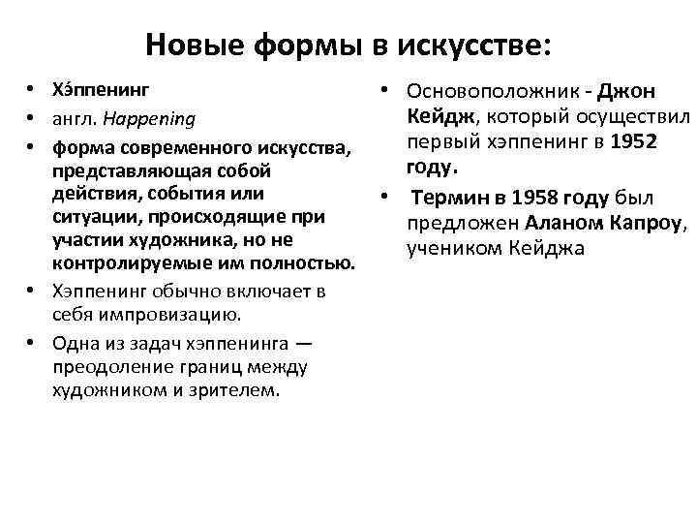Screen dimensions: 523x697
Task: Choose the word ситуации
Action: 91,216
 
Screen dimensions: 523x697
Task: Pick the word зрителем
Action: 241,390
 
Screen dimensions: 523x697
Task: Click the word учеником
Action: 455,250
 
